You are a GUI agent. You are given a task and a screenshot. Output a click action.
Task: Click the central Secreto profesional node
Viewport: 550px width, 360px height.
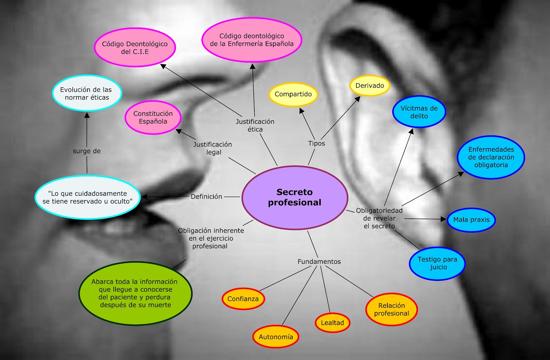(x=295, y=198)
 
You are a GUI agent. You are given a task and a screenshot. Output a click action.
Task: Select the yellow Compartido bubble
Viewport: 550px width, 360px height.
(x=293, y=94)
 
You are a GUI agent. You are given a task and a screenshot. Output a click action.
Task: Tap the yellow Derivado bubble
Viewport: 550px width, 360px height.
(x=370, y=86)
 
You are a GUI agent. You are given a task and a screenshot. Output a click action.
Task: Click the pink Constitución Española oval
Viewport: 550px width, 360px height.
(x=153, y=117)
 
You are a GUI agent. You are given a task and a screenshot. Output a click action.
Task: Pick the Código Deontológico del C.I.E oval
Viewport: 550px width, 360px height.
(x=135, y=47)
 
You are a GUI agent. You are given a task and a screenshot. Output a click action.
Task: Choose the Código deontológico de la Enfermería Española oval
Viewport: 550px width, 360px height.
(x=252, y=40)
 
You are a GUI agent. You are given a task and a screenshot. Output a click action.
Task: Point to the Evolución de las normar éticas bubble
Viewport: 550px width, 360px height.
(x=87, y=93)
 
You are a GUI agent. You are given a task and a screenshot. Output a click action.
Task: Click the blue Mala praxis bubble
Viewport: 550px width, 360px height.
(x=471, y=220)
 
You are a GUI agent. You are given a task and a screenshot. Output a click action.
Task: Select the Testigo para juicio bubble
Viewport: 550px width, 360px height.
(x=437, y=263)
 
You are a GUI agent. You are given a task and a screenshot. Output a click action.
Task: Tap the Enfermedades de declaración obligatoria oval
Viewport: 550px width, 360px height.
(x=491, y=157)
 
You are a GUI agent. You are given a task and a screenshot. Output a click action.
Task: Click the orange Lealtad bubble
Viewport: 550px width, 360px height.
(x=332, y=323)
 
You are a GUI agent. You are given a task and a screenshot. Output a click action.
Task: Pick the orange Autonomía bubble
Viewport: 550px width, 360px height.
(x=276, y=337)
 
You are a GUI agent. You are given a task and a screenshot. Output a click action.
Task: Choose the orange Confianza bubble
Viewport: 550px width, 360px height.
(x=243, y=299)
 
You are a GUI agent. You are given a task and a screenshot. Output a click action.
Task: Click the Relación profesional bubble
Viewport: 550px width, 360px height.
(x=392, y=309)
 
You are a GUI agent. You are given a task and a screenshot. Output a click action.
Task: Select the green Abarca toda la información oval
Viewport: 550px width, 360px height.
(x=135, y=293)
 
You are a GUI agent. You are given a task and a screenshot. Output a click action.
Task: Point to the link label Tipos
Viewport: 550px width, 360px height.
(x=317, y=143)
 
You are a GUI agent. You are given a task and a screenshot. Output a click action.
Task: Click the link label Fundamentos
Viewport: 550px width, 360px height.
(x=319, y=262)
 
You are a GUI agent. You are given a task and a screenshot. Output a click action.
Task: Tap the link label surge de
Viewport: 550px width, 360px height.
(x=87, y=151)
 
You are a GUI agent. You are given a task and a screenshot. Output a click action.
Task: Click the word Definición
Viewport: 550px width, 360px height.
(x=207, y=197)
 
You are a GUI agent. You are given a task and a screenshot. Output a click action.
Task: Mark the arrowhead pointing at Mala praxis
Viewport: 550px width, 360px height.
(x=443, y=219)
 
